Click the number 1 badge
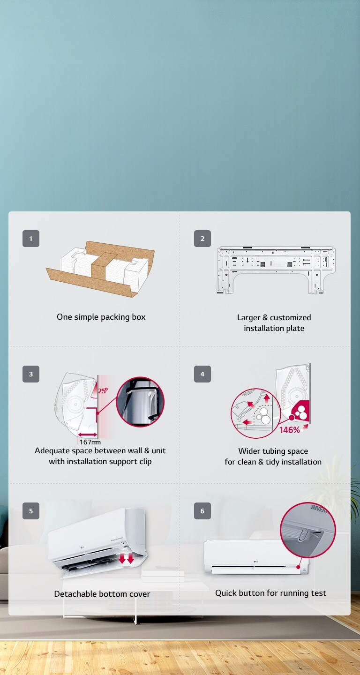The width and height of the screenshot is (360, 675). coord(31,239)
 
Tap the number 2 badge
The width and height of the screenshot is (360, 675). coord(202,239)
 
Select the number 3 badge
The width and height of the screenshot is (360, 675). coord(31,374)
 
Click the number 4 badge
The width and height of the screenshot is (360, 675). coord(202,374)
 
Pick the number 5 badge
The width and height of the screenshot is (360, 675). coord(31,511)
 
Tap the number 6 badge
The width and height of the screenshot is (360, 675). coord(202,511)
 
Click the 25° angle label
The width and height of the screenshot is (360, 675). coord(103,390)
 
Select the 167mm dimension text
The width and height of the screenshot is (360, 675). coord(90,442)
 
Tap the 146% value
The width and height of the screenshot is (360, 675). coord(289,430)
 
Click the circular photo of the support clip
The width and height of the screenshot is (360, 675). coord(140,402)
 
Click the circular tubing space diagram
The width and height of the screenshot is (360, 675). coord(255,413)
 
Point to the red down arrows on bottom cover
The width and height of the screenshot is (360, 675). coord(126,559)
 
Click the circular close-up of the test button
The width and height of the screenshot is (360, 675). coord(308,530)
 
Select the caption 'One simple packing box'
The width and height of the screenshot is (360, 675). coord(101,317)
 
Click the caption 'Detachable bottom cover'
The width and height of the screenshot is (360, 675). coord(102,594)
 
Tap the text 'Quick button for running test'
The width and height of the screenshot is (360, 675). coord(270,593)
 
